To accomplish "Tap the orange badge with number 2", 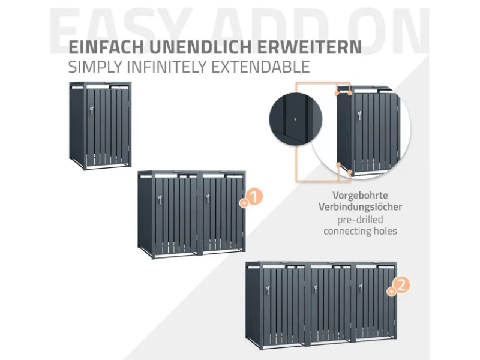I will pyautogui.click(x=401, y=286).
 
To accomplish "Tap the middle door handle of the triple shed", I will pyautogui.click(x=314, y=289).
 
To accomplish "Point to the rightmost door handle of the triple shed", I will pyautogui.click(x=361, y=289).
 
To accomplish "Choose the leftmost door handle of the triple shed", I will pyautogui.click(x=267, y=290).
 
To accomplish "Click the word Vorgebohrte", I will pyautogui.click(x=360, y=196).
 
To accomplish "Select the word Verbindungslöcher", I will pyautogui.click(x=360, y=207).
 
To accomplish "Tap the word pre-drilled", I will pyautogui.click(x=360, y=219).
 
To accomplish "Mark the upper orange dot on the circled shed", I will pyautogui.click(x=337, y=94).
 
